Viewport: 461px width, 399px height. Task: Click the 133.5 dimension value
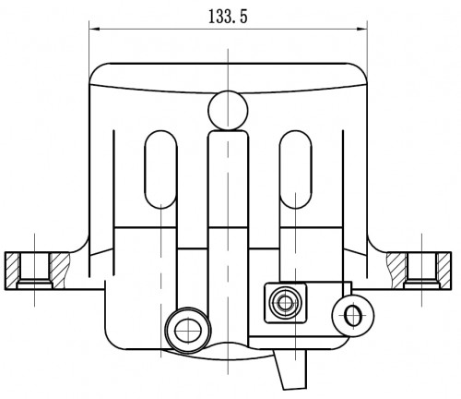click(228, 17)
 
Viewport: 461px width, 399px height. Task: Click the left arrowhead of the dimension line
click(94, 30)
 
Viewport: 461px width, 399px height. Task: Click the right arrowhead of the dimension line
click(362, 30)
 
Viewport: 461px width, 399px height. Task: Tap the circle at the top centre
click(228, 110)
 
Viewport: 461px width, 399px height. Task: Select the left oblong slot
click(160, 169)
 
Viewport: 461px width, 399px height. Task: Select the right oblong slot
click(296, 169)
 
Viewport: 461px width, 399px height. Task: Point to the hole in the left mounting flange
click(35, 271)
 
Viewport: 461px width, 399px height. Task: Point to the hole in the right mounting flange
click(421, 271)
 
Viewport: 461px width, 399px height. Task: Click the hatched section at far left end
click(12, 271)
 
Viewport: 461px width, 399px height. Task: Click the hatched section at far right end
click(444, 271)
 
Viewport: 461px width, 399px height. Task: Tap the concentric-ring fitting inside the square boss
click(285, 303)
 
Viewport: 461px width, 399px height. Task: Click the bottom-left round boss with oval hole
click(188, 330)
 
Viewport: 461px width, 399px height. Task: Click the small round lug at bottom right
click(353, 316)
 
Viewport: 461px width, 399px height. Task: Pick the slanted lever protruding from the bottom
click(290, 369)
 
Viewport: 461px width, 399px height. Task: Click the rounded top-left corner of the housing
click(96, 70)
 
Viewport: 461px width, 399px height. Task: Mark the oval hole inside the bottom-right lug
click(351, 316)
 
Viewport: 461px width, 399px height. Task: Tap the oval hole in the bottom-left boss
click(188, 331)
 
